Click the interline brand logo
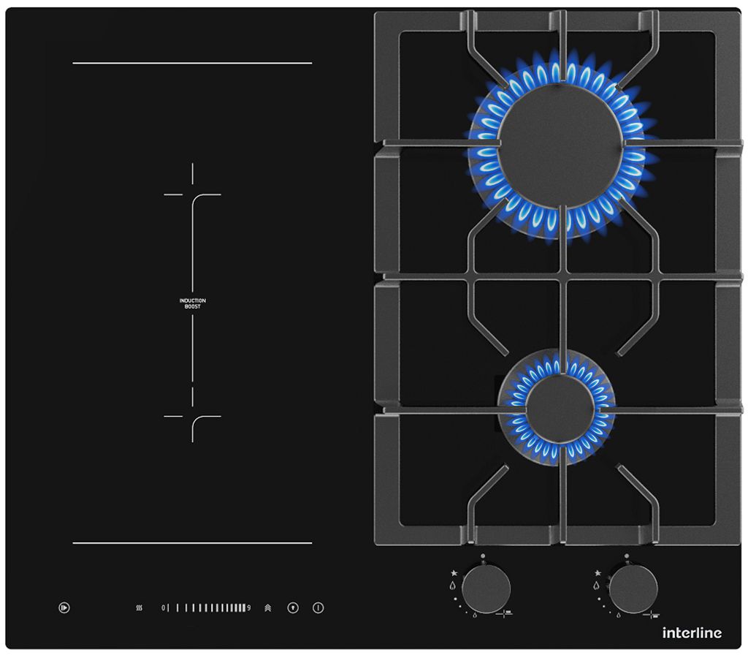click(x=692, y=633)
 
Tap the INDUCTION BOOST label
click(x=193, y=303)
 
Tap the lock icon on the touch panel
click(x=293, y=607)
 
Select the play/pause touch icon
click(x=64, y=607)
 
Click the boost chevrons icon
click(x=267, y=607)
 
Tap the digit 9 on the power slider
click(x=248, y=607)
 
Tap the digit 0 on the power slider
click(x=163, y=607)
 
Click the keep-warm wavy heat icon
click(x=140, y=607)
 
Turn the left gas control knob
click(x=486, y=588)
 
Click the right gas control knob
click(x=633, y=588)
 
